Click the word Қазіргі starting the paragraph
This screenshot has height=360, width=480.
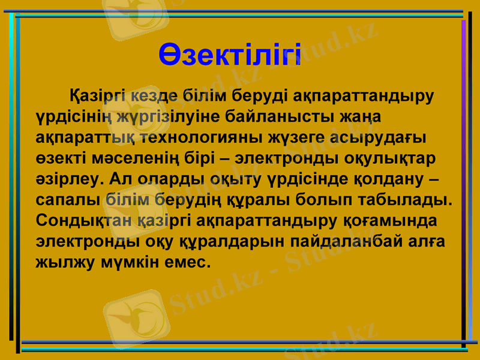point(100,95)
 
